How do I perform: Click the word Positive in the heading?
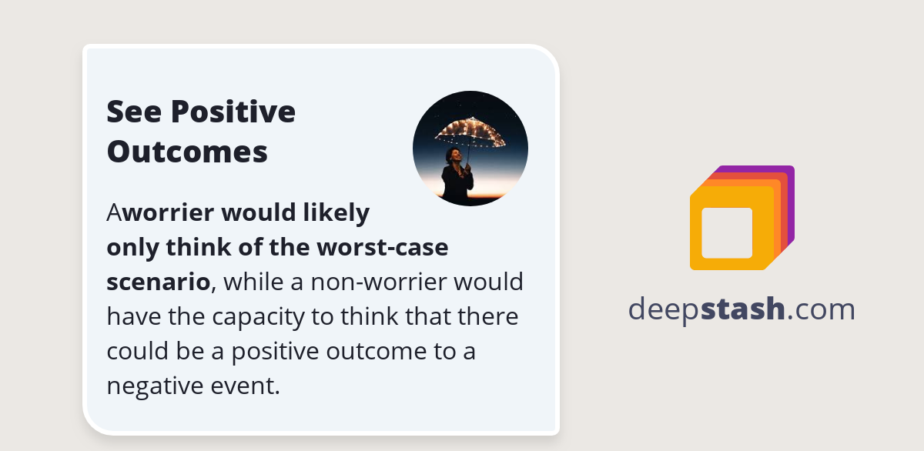233,112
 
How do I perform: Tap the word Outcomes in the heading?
187,152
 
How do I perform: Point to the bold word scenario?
158,282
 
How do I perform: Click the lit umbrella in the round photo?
470,132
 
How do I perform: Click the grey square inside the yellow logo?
727,232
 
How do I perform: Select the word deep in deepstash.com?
664,309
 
